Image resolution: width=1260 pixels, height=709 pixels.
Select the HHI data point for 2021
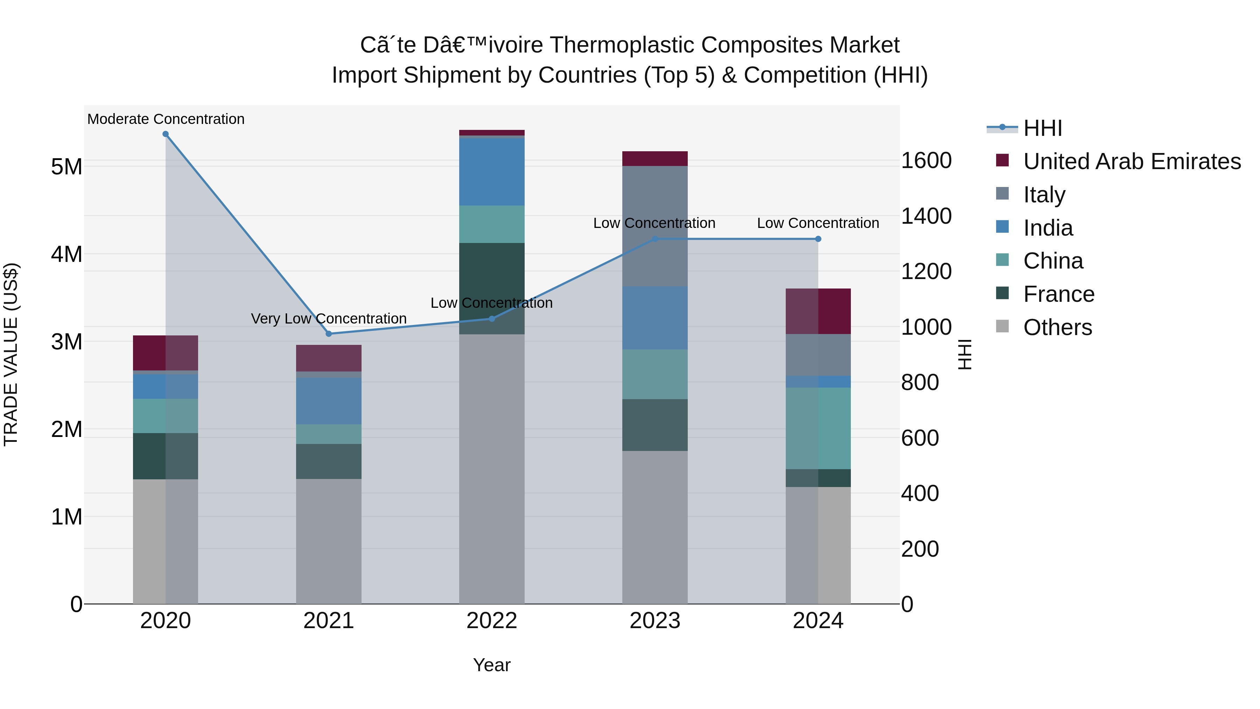click(x=329, y=334)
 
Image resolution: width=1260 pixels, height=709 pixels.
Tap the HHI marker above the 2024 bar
click(x=818, y=239)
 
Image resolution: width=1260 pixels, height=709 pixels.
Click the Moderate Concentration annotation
click(x=166, y=119)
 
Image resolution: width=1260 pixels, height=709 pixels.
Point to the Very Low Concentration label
click(x=329, y=319)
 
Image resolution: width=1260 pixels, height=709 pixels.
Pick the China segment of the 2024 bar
click(x=818, y=428)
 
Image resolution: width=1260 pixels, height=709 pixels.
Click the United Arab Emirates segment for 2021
click(x=329, y=358)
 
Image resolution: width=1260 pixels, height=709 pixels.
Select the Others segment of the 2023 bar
click(x=654, y=527)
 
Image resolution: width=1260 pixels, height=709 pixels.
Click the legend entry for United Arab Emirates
click(x=1132, y=161)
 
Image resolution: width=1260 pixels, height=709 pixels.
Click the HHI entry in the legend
click(x=1042, y=128)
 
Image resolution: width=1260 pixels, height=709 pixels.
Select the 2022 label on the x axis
click(x=492, y=621)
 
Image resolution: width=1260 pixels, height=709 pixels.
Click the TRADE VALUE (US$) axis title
click(x=11, y=354)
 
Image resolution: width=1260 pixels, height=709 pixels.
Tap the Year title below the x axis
click(x=492, y=665)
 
